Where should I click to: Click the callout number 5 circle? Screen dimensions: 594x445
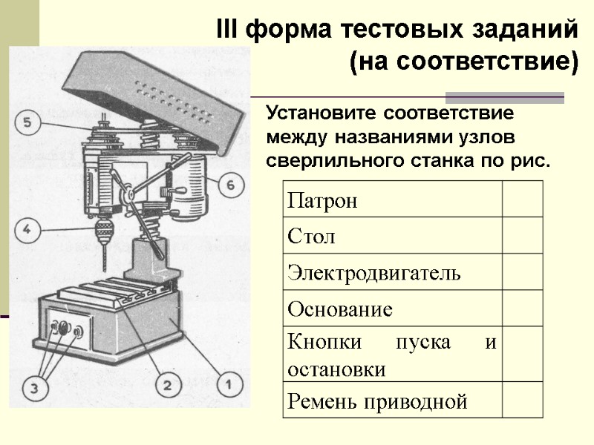click(27, 123)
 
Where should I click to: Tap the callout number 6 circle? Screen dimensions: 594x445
click(230, 184)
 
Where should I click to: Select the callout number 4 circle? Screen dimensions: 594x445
click(26, 230)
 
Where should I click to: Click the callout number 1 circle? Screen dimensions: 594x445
click(229, 385)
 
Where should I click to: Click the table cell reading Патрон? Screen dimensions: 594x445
click(391, 201)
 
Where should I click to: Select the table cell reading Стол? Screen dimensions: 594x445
click(391, 237)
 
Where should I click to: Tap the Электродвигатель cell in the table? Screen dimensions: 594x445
click(391, 272)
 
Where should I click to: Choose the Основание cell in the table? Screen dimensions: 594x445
click(391, 309)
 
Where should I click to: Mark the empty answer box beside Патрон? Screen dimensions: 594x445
click(523, 201)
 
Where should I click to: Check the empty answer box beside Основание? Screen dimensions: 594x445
click(523, 309)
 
